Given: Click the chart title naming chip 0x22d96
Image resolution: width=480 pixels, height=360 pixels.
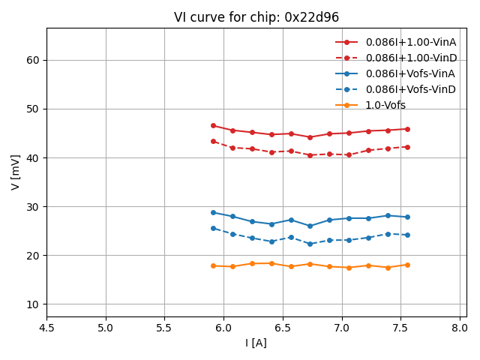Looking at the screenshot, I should (x=256, y=17).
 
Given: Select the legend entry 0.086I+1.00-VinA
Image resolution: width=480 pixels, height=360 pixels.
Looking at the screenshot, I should (x=410, y=42).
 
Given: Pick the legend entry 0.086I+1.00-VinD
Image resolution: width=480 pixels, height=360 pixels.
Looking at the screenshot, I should (x=410, y=58).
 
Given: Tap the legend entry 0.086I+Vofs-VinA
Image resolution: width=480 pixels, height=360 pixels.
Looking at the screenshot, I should (x=410, y=73).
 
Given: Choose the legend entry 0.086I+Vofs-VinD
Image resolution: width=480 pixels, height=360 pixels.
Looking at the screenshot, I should (x=410, y=89).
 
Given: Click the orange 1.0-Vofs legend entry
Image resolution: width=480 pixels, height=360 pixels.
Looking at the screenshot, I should (x=385, y=105).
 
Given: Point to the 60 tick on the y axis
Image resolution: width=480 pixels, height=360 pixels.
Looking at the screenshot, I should (x=34, y=60).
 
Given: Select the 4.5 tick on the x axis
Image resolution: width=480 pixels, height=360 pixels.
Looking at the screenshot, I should (x=46, y=327).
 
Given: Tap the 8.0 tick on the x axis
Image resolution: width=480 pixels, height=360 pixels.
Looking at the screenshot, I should (x=460, y=327).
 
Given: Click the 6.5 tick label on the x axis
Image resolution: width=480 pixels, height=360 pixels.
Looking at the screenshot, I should (x=283, y=327).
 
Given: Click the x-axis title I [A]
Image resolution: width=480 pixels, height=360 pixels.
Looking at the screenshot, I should (x=256, y=343).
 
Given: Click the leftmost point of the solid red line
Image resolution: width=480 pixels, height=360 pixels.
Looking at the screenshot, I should (x=213, y=125).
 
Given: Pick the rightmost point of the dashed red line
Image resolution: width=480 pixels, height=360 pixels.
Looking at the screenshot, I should (x=407, y=147).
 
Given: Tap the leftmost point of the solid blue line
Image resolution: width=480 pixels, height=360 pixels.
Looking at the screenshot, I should (x=213, y=212).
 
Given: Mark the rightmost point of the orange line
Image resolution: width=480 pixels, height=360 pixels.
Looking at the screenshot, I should (x=407, y=265).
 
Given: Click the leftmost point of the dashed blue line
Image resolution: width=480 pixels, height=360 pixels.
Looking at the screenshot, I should (x=213, y=228).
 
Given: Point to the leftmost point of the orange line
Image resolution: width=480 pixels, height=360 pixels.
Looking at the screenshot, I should (x=213, y=265).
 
